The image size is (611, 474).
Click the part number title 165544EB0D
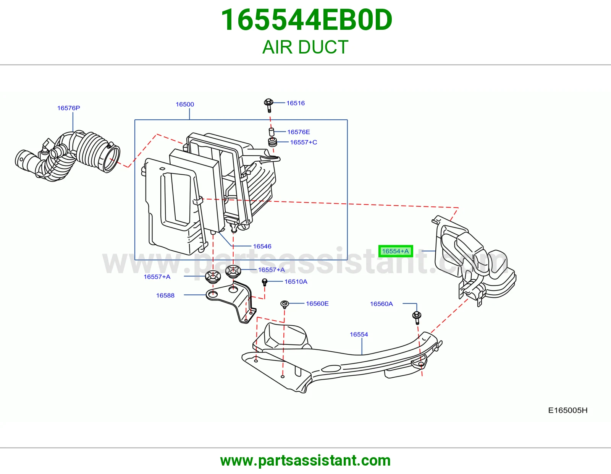307,20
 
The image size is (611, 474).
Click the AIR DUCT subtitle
305,47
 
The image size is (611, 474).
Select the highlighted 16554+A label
395,251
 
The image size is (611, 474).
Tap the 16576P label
69,108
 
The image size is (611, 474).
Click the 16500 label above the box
185,104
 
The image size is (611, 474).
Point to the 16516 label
296,103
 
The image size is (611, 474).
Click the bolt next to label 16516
269,105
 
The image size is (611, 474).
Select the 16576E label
299,132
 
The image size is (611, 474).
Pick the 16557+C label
303,142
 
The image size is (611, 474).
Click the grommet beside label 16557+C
272,142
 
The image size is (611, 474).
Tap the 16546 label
262,246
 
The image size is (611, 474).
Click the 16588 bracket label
165,295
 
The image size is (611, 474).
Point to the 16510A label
296,281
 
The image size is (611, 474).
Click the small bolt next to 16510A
264,282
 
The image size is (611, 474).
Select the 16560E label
317,304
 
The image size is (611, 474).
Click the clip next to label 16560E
284,304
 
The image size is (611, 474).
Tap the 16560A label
381,304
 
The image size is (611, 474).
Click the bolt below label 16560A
417,318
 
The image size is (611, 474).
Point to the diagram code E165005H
568,410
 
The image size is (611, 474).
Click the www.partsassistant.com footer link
305,461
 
